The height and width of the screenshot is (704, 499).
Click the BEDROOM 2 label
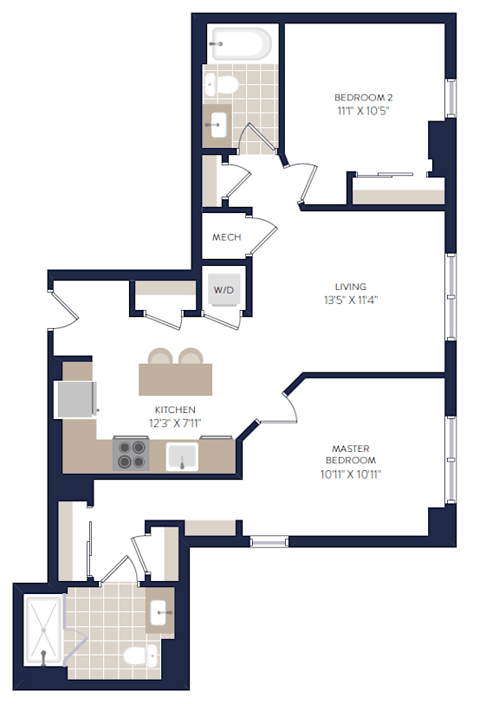[363, 98]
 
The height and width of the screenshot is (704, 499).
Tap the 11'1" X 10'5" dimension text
[363, 111]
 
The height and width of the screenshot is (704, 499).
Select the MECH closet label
[226, 237]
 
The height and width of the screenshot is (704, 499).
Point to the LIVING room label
[351, 287]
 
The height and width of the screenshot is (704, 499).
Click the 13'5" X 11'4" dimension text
[351, 300]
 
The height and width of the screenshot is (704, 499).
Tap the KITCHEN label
[175, 410]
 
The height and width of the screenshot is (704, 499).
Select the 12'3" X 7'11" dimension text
[175, 423]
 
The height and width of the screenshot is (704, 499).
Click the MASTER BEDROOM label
[351, 454]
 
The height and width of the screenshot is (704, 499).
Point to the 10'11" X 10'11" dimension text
[351, 475]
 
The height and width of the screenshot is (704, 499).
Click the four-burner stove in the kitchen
[131, 454]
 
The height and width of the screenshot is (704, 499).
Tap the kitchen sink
[182, 456]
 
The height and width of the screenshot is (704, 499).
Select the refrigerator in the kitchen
[75, 399]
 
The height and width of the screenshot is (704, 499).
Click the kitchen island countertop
[175, 379]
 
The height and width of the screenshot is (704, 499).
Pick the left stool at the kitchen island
[160, 356]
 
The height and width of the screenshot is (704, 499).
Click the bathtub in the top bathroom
[242, 44]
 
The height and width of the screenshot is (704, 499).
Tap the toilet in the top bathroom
[221, 85]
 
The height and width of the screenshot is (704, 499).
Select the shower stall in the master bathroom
[43, 630]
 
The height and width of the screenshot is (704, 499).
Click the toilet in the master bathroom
[140, 655]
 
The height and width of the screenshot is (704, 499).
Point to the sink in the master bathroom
[161, 612]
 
